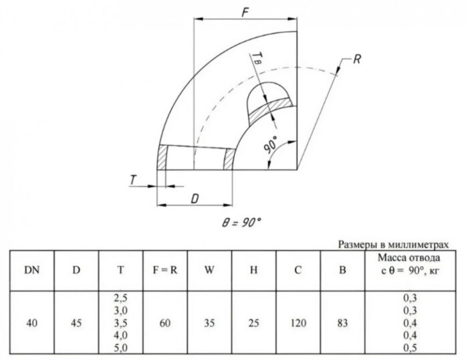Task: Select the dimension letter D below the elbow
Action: tap(194, 199)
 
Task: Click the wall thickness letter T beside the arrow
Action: tap(134, 179)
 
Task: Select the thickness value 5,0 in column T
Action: tap(120, 348)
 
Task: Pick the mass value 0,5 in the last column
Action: tap(412, 348)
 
